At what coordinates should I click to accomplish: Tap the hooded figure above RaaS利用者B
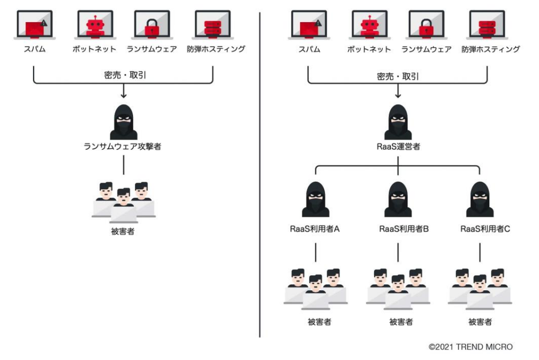(x=397, y=200)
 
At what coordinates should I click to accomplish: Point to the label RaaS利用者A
(x=315, y=229)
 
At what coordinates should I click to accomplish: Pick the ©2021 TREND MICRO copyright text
(x=470, y=347)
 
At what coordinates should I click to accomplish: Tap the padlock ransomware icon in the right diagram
(x=426, y=25)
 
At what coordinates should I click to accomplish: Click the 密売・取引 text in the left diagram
(x=124, y=75)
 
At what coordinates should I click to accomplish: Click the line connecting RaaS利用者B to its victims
(x=398, y=252)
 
